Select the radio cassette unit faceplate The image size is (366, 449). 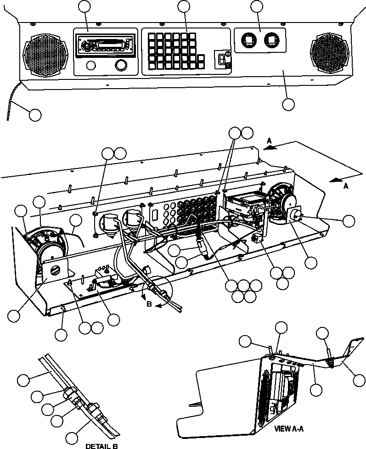pyautogui.click(x=105, y=45)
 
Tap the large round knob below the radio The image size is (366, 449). pyautogui.click(x=121, y=66)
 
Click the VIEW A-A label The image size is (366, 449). pyautogui.click(x=289, y=429)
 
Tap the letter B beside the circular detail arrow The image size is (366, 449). pyautogui.click(x=147, y=303)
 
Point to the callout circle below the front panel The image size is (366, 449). pyautogui.click(x=288, y=104)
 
